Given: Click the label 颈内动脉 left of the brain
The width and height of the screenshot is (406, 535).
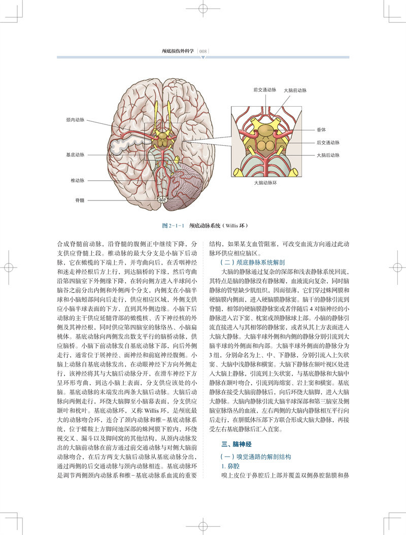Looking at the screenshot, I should tap(76, 120).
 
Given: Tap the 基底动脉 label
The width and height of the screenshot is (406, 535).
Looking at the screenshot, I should tap(76, 155).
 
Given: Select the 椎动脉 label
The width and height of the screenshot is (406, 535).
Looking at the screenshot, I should tap(78, 180).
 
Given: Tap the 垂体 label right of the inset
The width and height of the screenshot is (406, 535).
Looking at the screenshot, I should tap(321, 129).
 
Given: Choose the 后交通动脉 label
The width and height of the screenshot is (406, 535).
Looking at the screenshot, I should tap(327, 143).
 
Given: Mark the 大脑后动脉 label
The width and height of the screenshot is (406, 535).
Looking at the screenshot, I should tap(327, 155).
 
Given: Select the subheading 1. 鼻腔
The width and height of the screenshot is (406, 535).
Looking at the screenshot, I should tap(226, 466).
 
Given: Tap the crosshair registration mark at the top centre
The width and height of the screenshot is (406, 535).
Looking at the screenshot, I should tap(203, 9).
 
